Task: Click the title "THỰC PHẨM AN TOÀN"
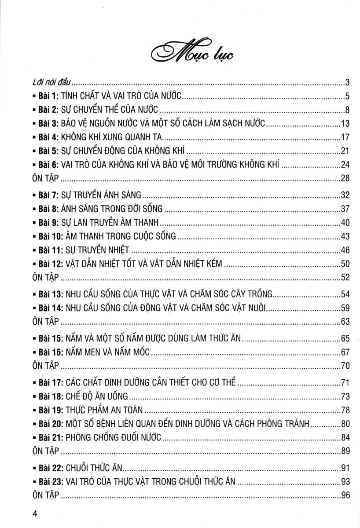click(104, 410)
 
